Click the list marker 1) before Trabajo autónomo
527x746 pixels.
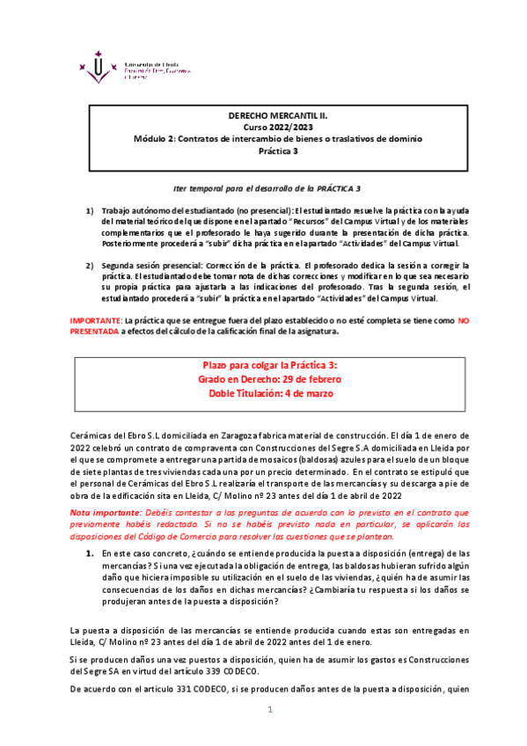[x=89, y=211]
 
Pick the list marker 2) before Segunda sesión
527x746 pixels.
[x=89, y=264]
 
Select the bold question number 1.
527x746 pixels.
[x=89, y=552]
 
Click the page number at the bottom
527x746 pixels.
[x=271, y=709]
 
